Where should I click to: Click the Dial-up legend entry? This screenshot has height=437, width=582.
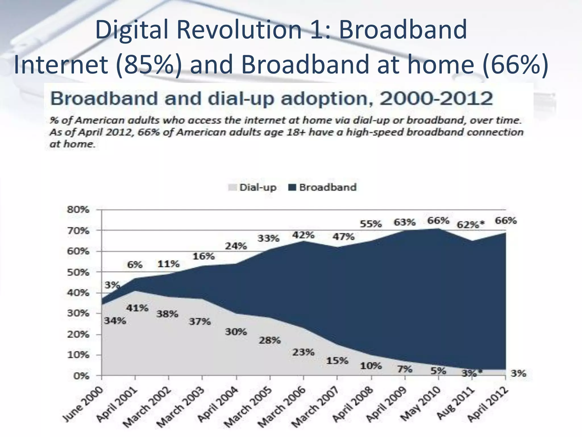click(x=252, y=187)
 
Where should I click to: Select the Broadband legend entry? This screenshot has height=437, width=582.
click(x=323, y=187)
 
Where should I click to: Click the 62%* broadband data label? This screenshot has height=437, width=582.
click(x=471, y=225)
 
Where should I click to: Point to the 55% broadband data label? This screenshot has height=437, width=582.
click(x=371, y=224)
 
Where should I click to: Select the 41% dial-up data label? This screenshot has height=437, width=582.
click(x=138, y=308)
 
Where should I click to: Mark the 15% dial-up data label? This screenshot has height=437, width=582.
click(x=337, y=361)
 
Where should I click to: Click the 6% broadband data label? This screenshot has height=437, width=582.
click(x=135, y=265)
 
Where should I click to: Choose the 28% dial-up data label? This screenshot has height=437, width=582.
click(x=270, y=340)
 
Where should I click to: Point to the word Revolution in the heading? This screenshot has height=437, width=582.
click(x=239, y=30)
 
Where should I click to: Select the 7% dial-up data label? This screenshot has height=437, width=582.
click(x=405, y=369)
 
